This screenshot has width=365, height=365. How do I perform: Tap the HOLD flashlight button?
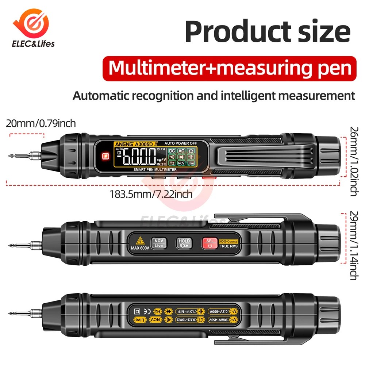click(x=184, y=243)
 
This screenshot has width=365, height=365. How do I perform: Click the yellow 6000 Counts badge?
click(x=229, y=241)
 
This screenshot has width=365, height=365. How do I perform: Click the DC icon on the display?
click(x=172, y=151)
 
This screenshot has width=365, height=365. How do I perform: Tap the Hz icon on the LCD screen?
click(x=172, y=163)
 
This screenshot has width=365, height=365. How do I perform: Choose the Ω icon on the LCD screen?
click(x=191, y=151)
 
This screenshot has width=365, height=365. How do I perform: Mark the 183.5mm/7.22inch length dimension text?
click(x=151, y=194)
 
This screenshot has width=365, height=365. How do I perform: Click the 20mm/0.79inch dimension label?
click(x=41, y=123)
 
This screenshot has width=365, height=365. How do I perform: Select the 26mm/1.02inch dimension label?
click(x=353, y=161)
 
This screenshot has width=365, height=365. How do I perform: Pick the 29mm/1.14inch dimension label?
click(x=353, y=245)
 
